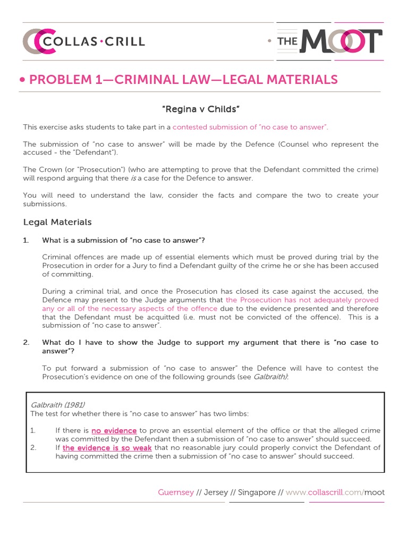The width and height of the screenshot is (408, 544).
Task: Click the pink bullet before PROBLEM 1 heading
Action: pos(22,80)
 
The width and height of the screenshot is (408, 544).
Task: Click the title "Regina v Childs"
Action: pos(201,109)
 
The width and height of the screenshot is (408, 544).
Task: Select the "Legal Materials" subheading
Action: pos(57,222)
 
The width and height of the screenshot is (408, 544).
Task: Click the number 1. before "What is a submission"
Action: pos(26,240)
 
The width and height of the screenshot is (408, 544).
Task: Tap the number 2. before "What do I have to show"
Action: pos(26,343)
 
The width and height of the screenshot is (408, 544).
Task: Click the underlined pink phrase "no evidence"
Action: pos(114,431)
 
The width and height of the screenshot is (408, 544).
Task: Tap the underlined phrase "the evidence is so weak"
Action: pos(107,448)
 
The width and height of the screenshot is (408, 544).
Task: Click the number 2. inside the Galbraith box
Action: pos(33,448)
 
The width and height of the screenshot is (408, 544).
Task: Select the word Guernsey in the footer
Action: pos(176,492)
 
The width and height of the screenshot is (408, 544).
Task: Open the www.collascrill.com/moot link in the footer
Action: pos(335,492)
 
